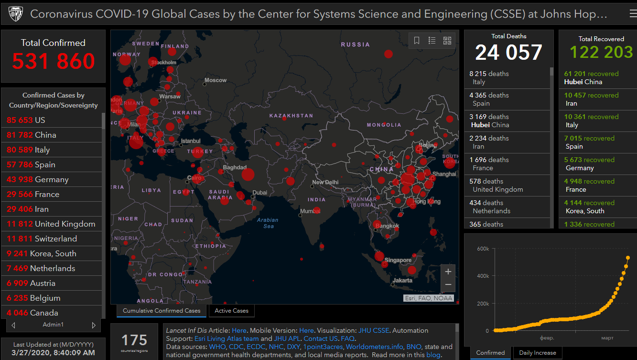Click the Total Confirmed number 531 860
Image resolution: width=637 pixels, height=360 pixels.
tap(54, 61)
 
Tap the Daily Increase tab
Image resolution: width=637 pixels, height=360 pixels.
tap(538, 353)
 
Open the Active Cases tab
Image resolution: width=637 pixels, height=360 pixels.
tap(231, 311)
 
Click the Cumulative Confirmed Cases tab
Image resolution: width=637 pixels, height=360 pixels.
tap(162, 311)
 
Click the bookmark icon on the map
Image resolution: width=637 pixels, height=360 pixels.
tap(417, 41)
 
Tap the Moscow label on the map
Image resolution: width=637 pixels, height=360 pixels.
tap(216, 80)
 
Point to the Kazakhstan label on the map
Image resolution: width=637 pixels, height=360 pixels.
tap(291, 116)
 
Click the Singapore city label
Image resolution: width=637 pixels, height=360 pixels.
tap(398, 260)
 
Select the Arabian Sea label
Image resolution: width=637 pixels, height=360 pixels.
tap(268, 223)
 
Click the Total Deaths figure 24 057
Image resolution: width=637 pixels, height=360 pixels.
tap(508, 53)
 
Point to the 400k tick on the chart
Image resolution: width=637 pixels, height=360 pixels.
tap(483, 276)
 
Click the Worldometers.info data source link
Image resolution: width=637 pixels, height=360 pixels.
tap(375, 347)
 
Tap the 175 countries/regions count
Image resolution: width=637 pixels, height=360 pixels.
tap(134, 340)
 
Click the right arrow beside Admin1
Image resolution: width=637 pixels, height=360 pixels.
tap(94, 325)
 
